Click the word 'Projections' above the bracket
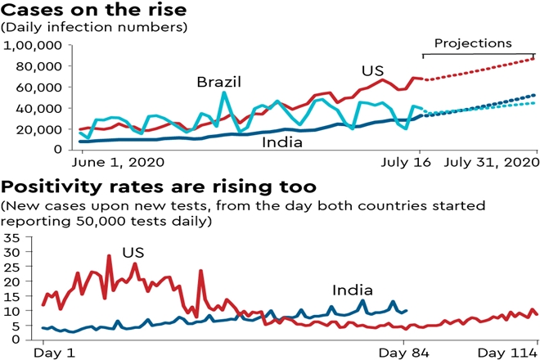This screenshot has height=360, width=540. (x=472, y=43)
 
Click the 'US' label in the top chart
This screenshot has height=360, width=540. (x=376, y=70)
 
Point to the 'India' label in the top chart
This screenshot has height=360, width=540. (x=281, y=142)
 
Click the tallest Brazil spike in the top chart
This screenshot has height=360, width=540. (x=223, y=92)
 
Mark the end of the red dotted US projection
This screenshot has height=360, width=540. (x=534, y=58)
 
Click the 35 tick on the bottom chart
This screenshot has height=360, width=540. (x=11, y=237)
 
